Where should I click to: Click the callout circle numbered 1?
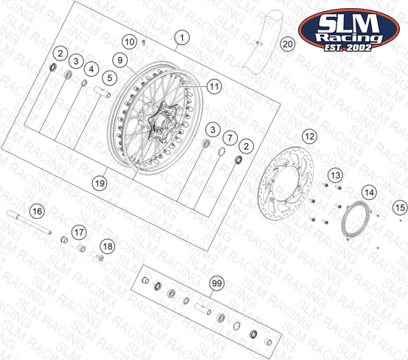182,38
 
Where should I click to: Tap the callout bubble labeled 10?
130,42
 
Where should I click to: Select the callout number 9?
120,60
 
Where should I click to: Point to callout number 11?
214,86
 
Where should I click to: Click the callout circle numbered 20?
288,44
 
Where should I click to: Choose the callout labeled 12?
310,136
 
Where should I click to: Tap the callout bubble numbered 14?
369,193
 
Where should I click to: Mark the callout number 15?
400,207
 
